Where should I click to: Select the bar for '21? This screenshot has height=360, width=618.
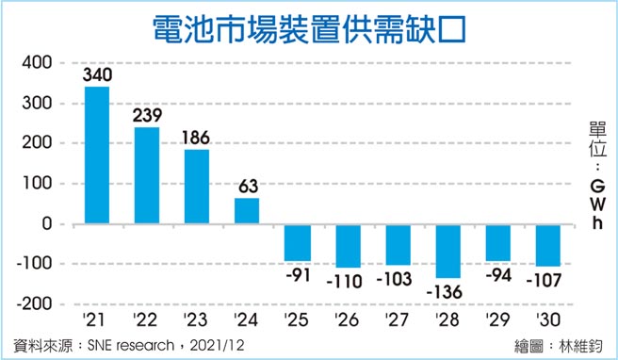[97, 155]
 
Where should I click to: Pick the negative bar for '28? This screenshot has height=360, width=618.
[447, 252]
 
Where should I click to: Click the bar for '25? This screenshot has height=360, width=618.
[297, 243]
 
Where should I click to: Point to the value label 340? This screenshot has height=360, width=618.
[97, 74]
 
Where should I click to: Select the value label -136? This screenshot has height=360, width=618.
[447, 290]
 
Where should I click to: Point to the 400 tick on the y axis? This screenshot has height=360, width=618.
[37, 63]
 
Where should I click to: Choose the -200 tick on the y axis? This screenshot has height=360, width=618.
[35, 304]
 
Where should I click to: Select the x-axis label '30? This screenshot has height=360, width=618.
[546, 320]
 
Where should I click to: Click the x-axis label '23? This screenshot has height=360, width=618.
[196, 320]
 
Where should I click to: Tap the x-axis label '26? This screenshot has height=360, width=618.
[347, 320]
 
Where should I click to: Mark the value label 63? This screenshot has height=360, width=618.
[246, 187]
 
